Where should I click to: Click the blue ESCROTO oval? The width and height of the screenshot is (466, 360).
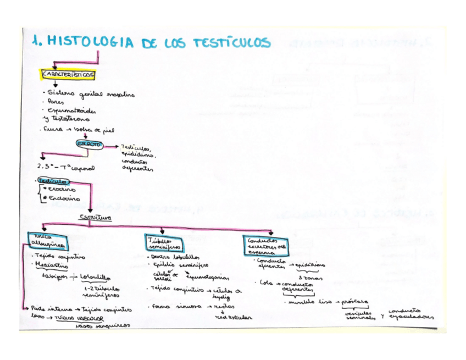tap(89, 144)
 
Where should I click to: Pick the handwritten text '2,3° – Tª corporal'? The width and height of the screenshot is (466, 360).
tap(65, 166)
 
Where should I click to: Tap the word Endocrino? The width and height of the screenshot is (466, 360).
tap(64, 199)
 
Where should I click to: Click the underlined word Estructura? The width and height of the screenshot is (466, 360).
tap(96, 218)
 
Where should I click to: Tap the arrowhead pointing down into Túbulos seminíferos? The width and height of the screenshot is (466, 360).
tap(163, 231)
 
